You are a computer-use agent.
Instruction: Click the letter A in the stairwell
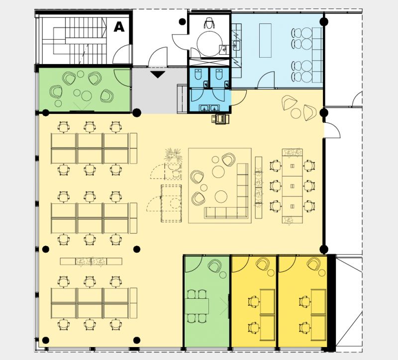(x=119, y=27)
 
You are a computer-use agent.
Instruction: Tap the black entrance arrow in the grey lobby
(x=158, y=74)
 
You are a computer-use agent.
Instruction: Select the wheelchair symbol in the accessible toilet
(x=209, y=23)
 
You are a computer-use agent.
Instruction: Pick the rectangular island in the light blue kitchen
(x=265, y=40)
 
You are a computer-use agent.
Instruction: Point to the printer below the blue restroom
(x=220, y=119)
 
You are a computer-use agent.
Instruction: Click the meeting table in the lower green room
(x=197, y=306)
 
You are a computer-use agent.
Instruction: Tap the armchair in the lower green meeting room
(x=215, y=266)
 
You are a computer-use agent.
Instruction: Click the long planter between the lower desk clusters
(x=91, y=262)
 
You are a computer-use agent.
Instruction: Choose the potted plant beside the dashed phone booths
(x=173, y=155)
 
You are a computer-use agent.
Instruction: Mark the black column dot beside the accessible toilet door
(x=182, y=22)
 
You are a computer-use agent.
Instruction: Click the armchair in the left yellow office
(x=263, y=264)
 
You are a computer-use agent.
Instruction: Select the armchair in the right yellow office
(x=313, y=264)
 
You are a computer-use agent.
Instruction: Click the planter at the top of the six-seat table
(x=292, y=152)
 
